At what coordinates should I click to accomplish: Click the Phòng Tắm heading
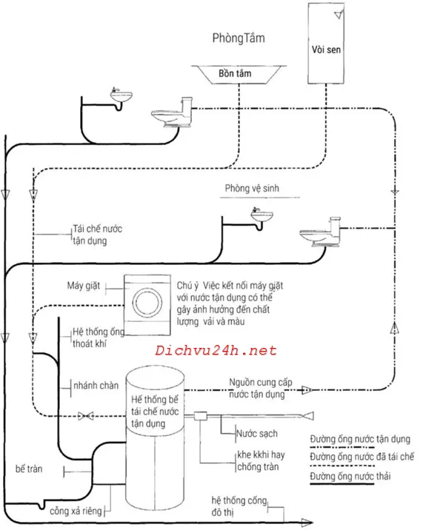point(239,38)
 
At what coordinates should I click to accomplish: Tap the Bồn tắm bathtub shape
point(239,74)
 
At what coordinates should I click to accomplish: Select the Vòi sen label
point(326,50)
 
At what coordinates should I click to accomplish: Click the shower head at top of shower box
point(339,14)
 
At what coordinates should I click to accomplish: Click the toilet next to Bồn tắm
point(172,113)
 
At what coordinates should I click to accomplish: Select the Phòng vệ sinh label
point(252,188)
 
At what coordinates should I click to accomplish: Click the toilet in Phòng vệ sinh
point(320,232)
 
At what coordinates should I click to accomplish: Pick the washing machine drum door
point(147,303)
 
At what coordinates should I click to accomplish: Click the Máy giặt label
point(83,286)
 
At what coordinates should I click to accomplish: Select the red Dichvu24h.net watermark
point(216,351)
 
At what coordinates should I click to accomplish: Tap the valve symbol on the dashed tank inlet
point(86,416)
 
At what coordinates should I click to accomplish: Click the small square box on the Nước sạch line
point(200,416)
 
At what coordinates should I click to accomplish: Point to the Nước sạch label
point(257,433)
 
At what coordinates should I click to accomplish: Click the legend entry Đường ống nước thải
point(350,476)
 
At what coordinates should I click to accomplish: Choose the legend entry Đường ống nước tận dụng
point(360,439)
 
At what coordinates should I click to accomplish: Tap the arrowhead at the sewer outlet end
point(307,523)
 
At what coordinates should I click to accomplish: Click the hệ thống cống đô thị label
point(239,506)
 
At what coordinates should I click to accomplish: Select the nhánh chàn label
point(96,386)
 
